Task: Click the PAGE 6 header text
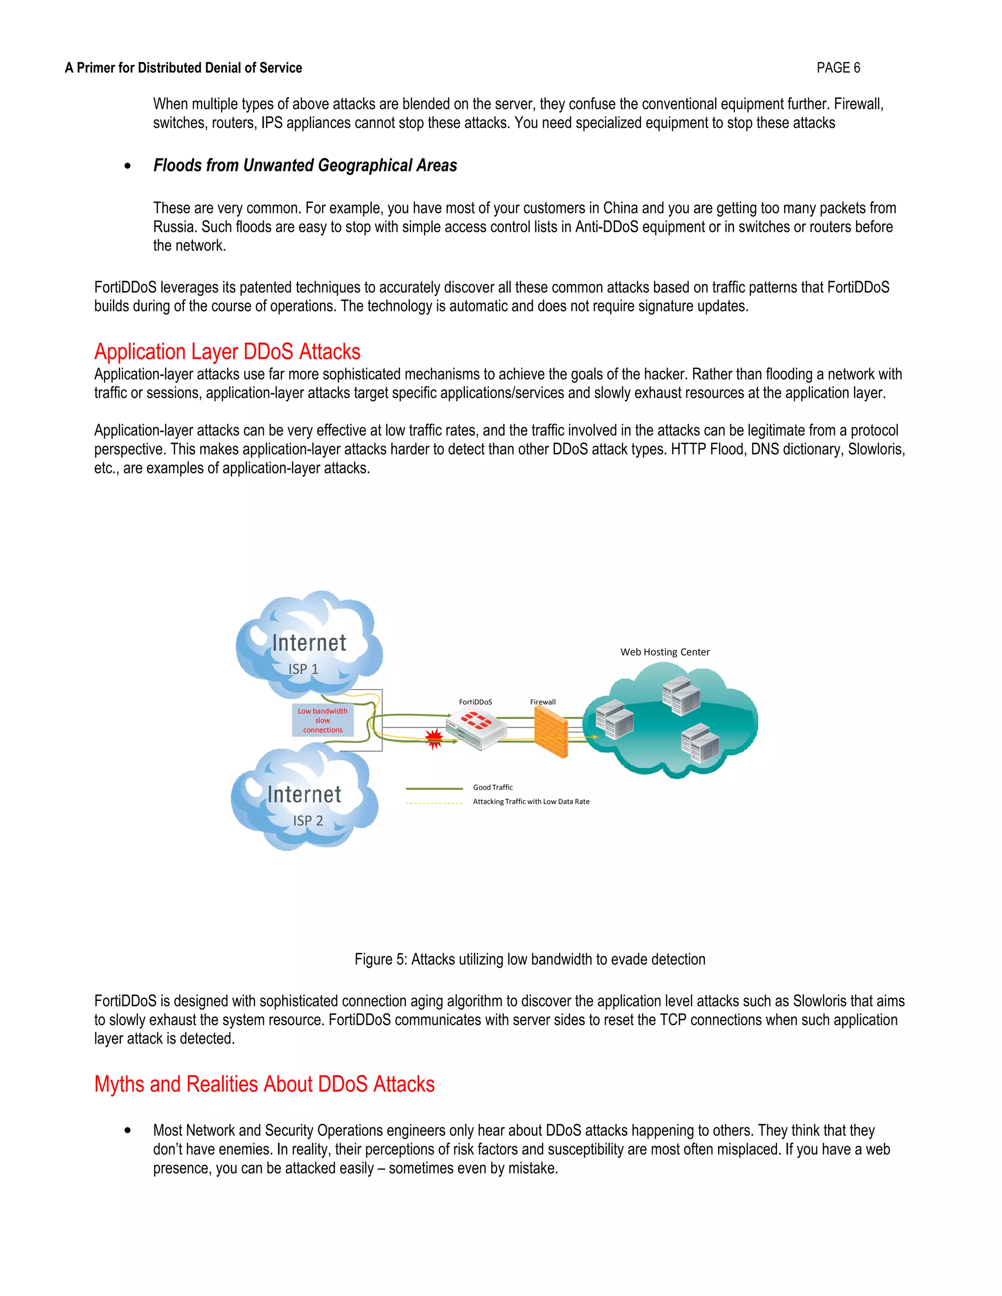pyautogui.click(x=838, y=67)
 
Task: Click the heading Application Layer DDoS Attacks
pyautogui.click(x=228, y=352)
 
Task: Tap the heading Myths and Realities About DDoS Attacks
pyautogui.click(x=264, y=1084)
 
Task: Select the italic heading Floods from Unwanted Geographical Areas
pyautogui.click(x=305, y=166)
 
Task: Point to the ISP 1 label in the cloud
pyautogui.click(x=303, y=669)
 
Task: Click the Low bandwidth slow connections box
pyautogui.click(x=322, y=720)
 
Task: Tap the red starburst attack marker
pyautogui.click(x=434, y=737)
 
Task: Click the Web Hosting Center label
pyautogui.click(x=665, y=651)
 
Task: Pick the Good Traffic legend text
pyautogui.click(x=493, y=787)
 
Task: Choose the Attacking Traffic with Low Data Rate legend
pyautogui.click(x=531, y=802)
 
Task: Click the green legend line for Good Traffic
pyautogui.click(x=434, y=789)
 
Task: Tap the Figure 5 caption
pyautogui.click(x=529, y=960)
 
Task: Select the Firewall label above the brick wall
pyautogui.click(x=543, y=702)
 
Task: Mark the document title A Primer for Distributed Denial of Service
pyautogui.click(x=183, y=67)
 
